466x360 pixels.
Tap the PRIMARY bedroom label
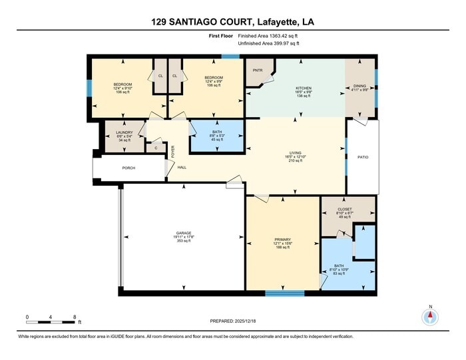(x=282, y=240)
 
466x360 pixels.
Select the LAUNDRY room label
(x=124, y=132)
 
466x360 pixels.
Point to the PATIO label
(x=363, y=158)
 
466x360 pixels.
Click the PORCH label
(x=128, y=168)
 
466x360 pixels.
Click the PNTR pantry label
(x=257, y=70)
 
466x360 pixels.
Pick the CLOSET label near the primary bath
(x=345, y=209)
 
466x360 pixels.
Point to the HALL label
(x=181, y=167)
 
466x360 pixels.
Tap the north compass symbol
(x=431, y=316)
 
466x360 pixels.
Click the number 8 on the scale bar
(x=75, y=316)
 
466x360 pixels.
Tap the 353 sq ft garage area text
(x=184, y=241)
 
